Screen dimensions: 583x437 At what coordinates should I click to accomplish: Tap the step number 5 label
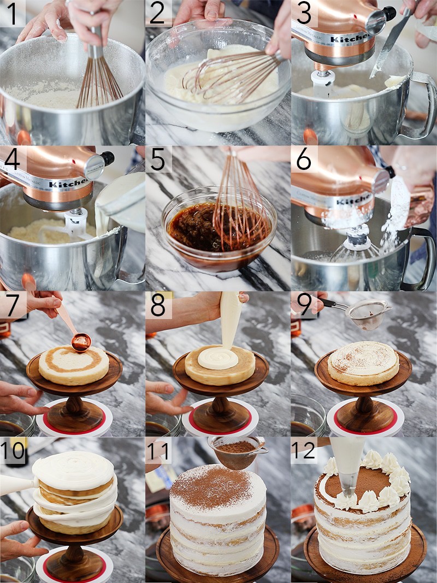click(x=158, y=159)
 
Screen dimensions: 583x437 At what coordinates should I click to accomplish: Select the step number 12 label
click(x=304, y=451)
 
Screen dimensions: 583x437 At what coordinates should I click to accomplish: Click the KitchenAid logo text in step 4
click(x=68, y=182)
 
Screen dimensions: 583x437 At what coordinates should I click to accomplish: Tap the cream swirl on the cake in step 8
click(x=218, y=358)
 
